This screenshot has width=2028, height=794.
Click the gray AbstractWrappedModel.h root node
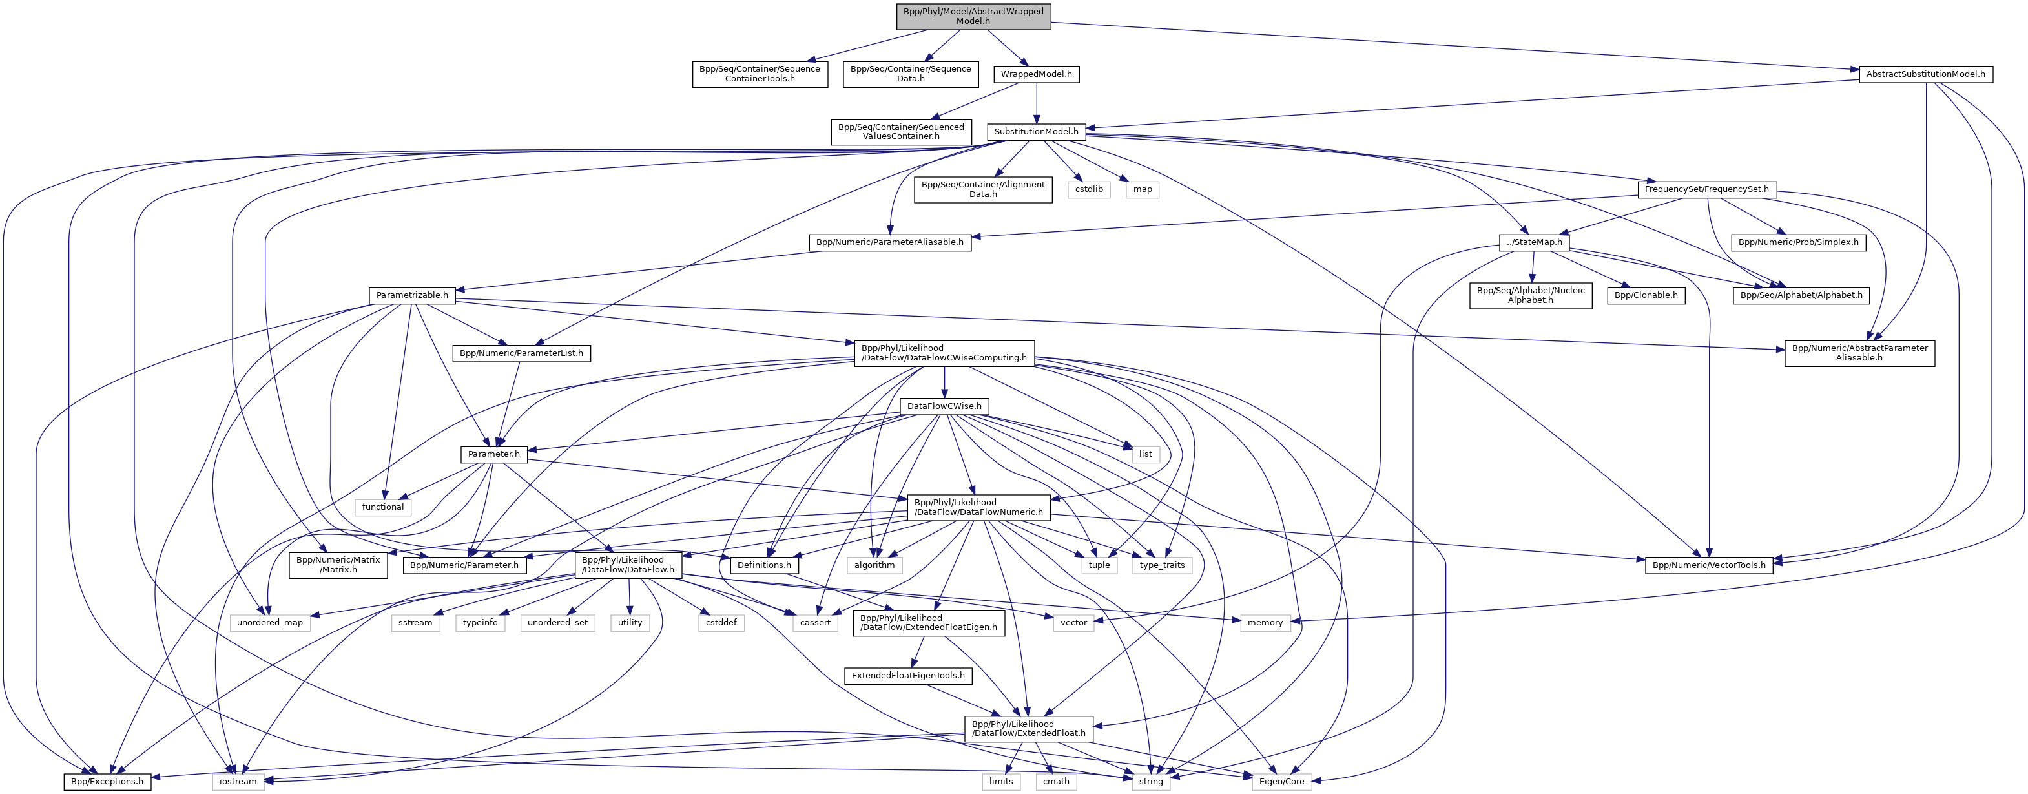973,16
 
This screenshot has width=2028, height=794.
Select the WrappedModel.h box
1036,74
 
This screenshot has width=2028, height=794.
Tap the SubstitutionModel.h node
1036,132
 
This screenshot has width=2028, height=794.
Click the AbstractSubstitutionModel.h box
1926,74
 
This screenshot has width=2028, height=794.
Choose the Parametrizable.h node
412,295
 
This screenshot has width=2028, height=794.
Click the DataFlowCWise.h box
944,406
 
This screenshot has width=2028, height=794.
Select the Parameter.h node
493,454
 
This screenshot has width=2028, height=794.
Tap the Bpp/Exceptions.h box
107,781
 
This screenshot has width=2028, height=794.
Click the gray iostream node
238,781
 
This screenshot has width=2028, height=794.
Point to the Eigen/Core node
1281,781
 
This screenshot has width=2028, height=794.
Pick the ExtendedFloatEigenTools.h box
907,676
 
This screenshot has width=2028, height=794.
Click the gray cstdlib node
1089,189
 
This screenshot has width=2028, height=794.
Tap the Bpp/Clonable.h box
1646,295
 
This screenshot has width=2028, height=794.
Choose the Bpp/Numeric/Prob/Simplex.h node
1798,242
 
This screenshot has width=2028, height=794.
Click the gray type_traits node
1162,565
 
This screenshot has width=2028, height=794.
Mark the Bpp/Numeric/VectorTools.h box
1708,565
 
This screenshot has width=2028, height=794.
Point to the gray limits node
1000,781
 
